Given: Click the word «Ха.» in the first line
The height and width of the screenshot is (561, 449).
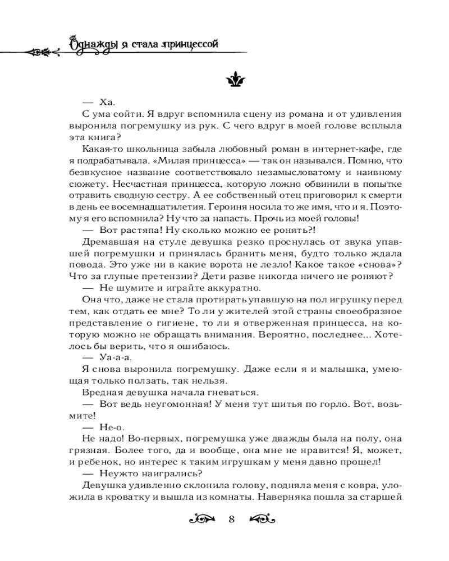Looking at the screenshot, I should point(106,102).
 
